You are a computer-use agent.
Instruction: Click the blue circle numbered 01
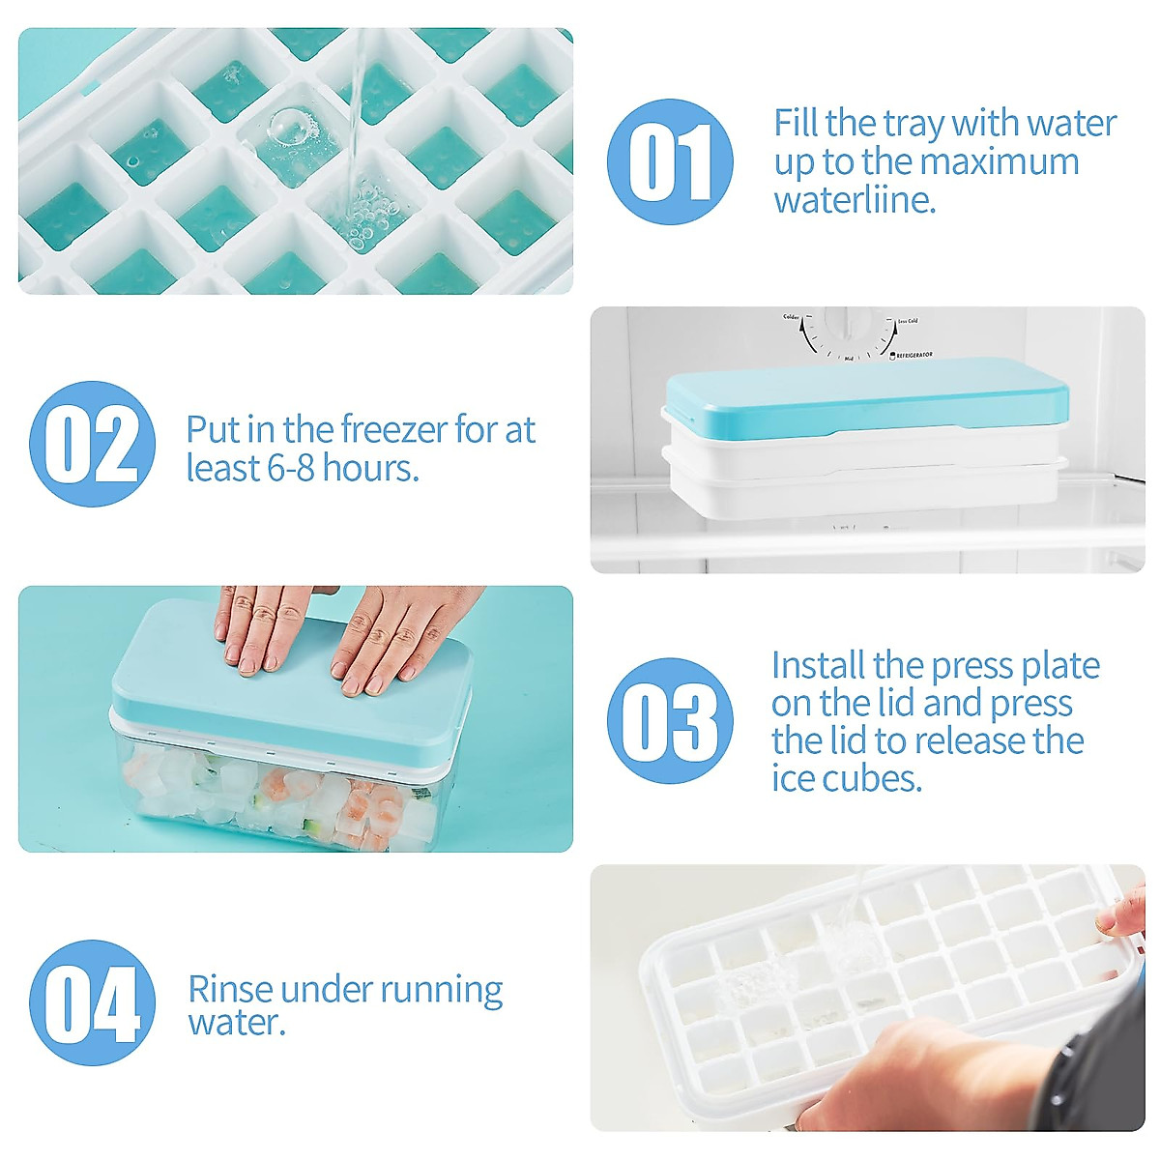(670, 161)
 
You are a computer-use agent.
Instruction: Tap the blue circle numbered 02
(92, 444)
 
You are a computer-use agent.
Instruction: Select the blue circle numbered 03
(670, 721)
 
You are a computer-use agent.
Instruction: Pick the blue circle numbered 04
(92, 1002)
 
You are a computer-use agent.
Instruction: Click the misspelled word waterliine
(855, 201)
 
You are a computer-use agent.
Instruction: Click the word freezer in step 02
(390, 429)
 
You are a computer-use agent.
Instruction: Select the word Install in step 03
(818, 666)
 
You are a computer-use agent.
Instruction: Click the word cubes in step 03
(878, 778)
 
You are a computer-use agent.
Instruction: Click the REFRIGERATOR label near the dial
(913, 356)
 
